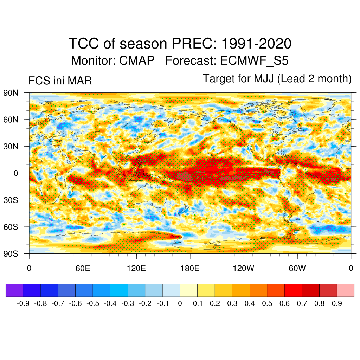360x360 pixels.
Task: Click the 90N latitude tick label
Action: click(x=11, y=93)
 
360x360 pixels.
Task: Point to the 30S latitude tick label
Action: click(x=11, y=200)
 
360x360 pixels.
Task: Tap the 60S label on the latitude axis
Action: click(x=11, y=227)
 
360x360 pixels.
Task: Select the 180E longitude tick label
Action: click(x=190, y=269)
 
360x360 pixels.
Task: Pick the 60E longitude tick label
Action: click(x=83, y=269)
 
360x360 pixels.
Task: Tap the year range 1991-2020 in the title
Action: click(x=257, y=44)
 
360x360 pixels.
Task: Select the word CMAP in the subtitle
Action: click(x=137, y=61)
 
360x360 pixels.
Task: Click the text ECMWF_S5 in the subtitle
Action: click(x=255, y=61)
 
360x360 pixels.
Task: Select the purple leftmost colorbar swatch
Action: click(x=14, y=290)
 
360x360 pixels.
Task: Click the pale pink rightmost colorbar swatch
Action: click(x=345, y=290)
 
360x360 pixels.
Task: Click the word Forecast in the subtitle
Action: click(x=191, y=61)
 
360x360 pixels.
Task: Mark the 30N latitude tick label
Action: click(x=11, y=146)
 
